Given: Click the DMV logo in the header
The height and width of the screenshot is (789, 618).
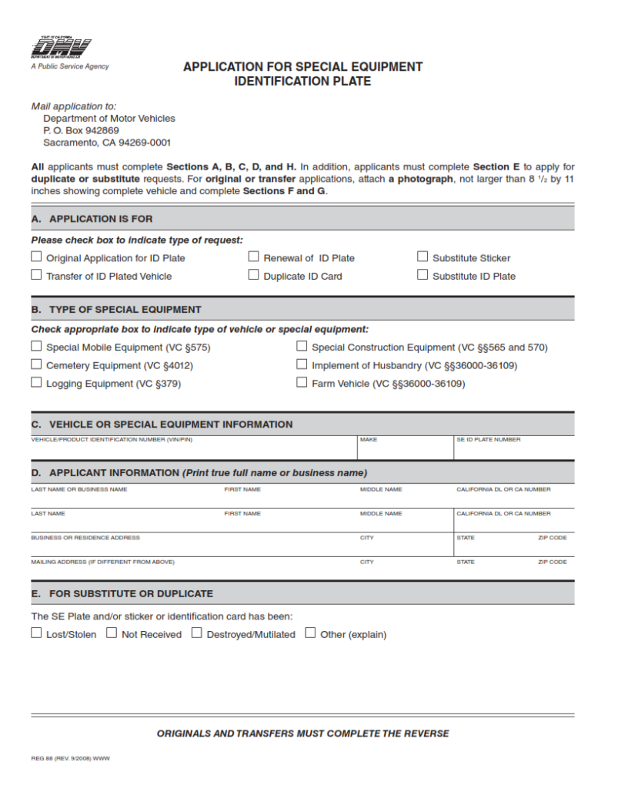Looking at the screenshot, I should coord(56,48).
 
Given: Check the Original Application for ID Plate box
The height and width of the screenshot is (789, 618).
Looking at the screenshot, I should coord(36,257).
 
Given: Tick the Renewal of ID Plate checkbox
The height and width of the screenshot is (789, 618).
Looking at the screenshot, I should coord(253,257).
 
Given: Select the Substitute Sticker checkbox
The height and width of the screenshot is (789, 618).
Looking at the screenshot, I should coord(423,257).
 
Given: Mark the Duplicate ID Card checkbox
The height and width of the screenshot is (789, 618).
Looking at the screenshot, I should coord(253,275).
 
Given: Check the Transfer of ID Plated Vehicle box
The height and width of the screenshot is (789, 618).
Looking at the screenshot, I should coord(36,275).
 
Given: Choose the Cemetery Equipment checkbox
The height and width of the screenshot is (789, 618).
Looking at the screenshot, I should coord(36,365).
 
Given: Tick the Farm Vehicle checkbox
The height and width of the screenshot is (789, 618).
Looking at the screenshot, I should coord(302,383).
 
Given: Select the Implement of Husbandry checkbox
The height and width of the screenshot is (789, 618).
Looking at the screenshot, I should coord(302,365).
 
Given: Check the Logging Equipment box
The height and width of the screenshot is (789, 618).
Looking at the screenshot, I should coord(36,383).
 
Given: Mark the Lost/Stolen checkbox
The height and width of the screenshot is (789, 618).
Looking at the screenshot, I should coord(36,633).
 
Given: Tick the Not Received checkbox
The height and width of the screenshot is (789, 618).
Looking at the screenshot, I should coord(112,633).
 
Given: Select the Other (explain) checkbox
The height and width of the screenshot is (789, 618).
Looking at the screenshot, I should coord(310,633).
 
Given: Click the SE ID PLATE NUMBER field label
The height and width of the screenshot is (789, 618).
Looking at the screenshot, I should coord(488,440).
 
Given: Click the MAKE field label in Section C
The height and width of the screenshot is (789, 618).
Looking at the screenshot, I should coord(369,440).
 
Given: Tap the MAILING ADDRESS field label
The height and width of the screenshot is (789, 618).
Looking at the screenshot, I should coord(102,562).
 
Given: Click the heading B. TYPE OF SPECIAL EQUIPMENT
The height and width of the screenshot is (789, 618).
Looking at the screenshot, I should coord(116,309).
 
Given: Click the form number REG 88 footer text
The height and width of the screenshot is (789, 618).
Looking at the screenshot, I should coord(70,759).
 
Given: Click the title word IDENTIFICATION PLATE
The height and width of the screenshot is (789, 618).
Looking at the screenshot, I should coord(302,81).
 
